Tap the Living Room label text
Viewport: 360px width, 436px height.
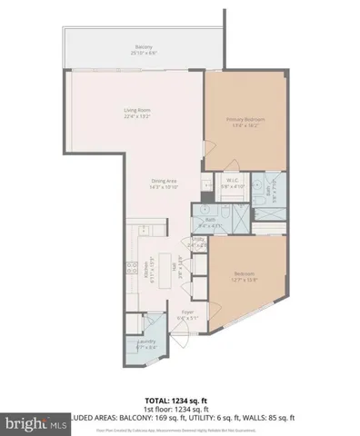tap(136, 114)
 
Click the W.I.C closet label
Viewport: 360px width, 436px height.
tap(232, 183)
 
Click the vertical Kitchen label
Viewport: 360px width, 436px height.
tap(145, 272)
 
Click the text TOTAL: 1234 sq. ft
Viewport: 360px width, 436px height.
tap(179, 401)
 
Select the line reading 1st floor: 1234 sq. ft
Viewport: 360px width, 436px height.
tap(179, 409)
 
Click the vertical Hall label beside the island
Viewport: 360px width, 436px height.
tap(180, 271)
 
